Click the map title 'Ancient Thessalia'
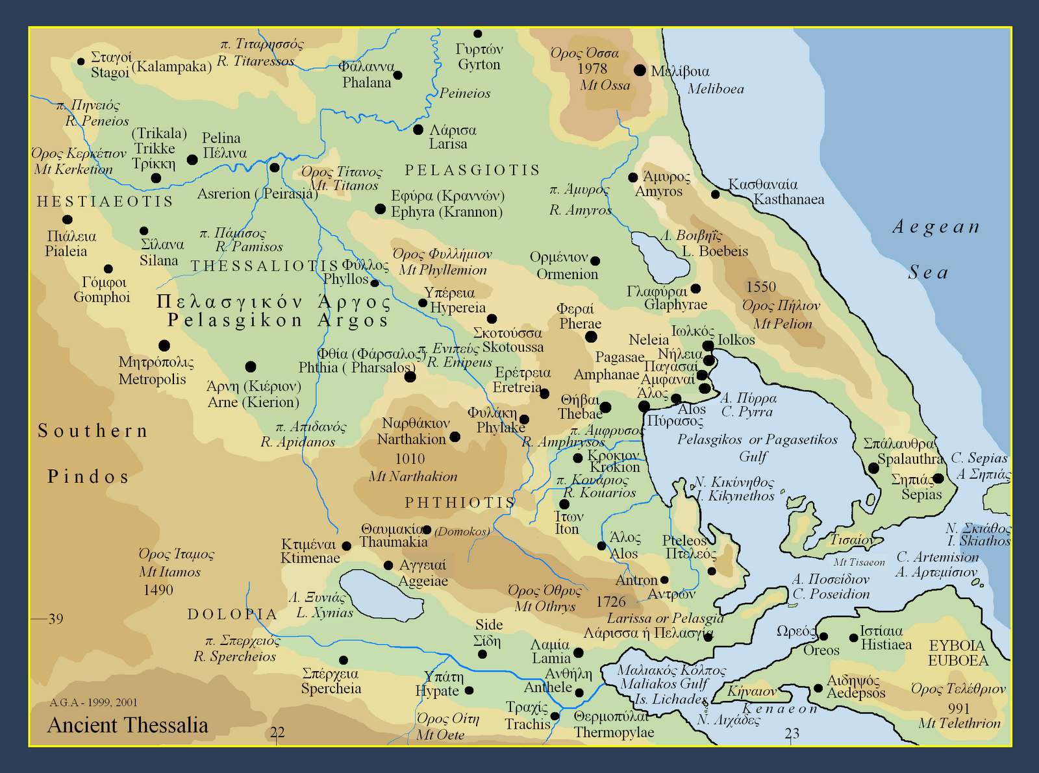point(127,725)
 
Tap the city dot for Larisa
point(418,130)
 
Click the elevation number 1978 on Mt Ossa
point(592,69)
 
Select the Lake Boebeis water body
point(659,255)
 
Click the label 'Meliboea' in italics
point(716,89)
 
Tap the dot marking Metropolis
point(164,346)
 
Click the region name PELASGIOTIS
point(472,170)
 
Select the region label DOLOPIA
point(232,614)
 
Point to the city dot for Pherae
point(591,337)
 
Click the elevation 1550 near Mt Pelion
point(761,287)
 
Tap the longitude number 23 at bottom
point(792,733)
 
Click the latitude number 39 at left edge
point(56,619)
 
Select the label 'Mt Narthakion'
point(413,476)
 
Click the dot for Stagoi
point(81,62)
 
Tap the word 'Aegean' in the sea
point(936,227)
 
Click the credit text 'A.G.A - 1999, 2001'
point(94,702)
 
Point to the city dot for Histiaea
point(853,638)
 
